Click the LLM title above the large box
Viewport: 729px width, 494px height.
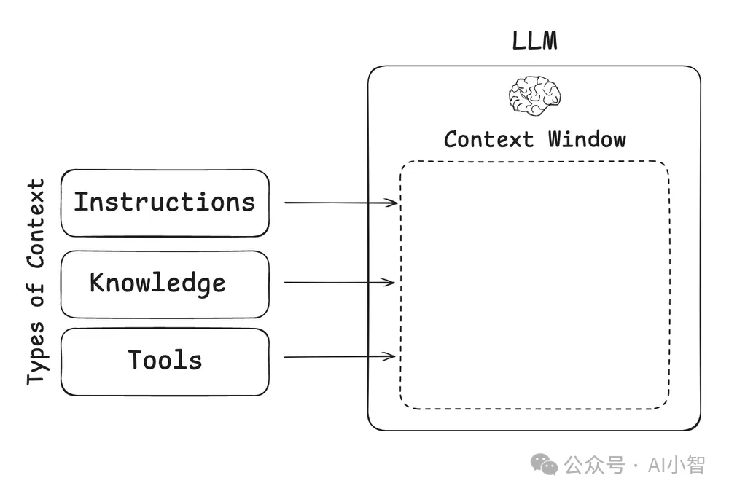point(534,41)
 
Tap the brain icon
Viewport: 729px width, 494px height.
point(534,95)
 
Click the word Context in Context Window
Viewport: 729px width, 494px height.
point(488,139)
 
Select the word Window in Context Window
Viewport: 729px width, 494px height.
point(587,139)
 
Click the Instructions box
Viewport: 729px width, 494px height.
point(165,203)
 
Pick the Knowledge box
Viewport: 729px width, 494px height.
point(165,284)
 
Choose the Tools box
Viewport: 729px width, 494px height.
point(165,362)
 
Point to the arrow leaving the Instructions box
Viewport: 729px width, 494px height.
point(340,203)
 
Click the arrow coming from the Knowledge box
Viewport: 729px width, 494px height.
point(340,282)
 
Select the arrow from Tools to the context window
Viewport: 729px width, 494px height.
point(340,356)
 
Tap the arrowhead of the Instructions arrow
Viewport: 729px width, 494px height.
point(391,203)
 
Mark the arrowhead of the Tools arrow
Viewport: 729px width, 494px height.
point(389,356)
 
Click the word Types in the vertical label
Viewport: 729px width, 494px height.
point(35,353)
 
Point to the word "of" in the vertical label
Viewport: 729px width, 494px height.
point(35,295)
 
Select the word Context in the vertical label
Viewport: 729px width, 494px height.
point(35,224)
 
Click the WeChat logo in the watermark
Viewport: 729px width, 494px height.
point(544,464)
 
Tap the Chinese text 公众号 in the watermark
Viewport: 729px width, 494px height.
point(595,465)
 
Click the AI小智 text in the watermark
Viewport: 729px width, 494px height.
point(677,465)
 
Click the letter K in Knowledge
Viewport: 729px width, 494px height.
point(96,282)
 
